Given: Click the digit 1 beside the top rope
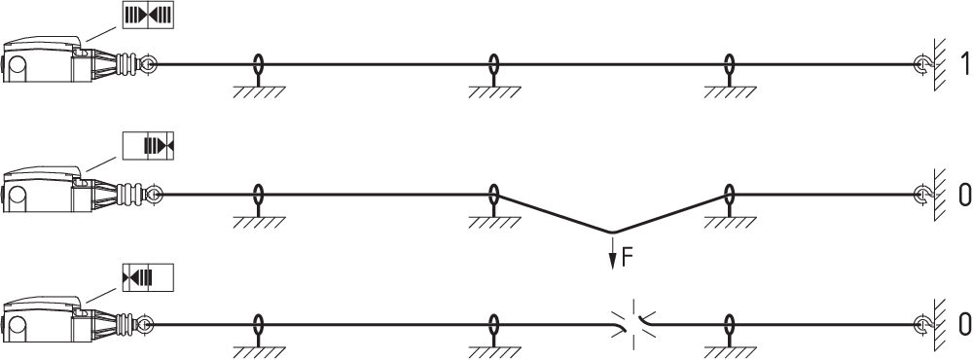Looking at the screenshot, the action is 963,64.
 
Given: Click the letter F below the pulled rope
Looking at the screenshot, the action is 627,257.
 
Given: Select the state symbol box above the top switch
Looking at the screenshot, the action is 148,15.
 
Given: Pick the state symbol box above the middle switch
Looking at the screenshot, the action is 148,146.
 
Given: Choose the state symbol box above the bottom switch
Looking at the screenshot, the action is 148,277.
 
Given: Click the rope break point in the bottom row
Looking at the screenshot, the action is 633,324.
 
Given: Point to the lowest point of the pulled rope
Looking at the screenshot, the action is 612,233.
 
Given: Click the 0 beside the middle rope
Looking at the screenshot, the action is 963,195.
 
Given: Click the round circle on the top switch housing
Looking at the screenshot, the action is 17,65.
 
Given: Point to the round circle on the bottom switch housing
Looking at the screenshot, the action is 17,326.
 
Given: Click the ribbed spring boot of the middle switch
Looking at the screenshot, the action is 129,195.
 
